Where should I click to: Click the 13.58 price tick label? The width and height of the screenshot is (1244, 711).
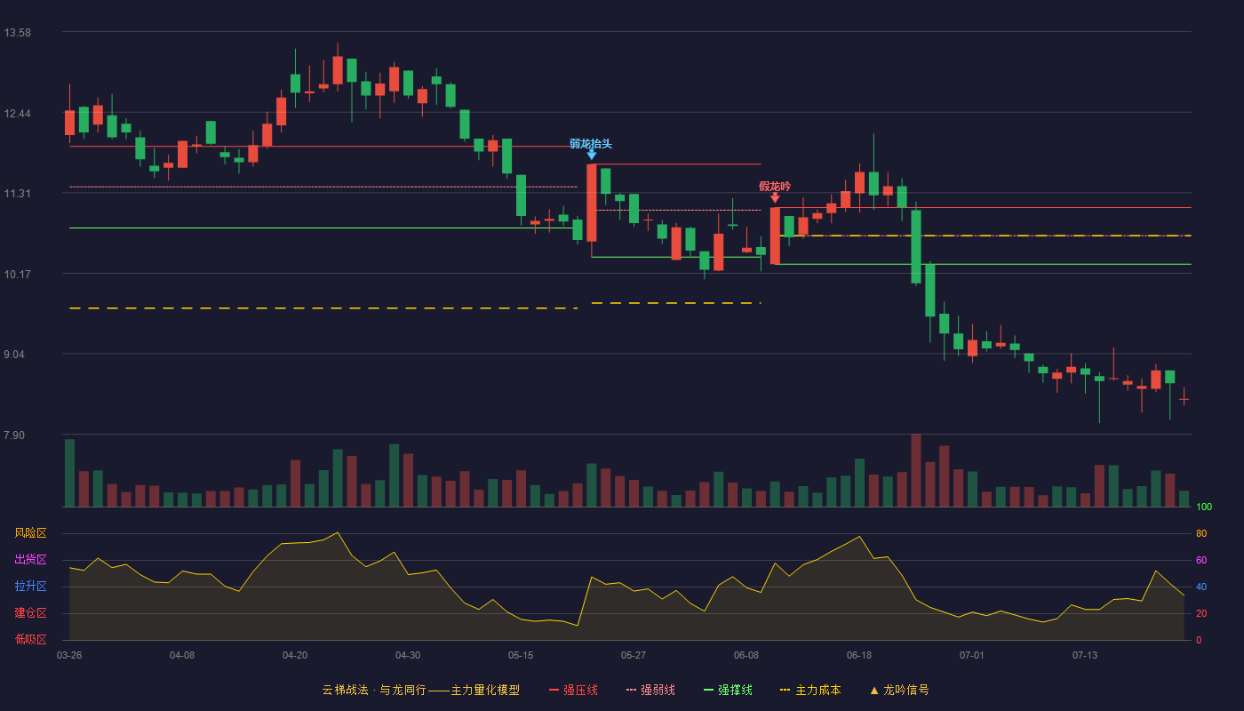click(17, 33)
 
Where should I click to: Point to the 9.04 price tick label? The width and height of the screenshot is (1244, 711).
click(14, 355)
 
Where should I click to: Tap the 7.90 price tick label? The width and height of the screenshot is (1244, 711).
click(14, 435)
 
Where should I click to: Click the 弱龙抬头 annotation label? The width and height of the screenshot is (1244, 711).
click(590, 144)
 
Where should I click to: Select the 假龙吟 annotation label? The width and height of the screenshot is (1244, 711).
click(775, 186)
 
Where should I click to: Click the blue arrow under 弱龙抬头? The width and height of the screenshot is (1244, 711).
click(592, 155)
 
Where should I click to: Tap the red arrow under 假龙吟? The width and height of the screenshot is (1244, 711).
click(775, 197)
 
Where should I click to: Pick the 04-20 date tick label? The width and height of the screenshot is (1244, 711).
click(295, 656)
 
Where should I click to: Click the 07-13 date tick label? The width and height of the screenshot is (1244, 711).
click(1085, 656)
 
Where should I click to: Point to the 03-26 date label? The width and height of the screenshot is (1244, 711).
click(69, 656)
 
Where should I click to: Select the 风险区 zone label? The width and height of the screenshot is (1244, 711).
click(30, 533)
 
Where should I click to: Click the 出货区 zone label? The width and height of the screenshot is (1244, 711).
click(30, 559)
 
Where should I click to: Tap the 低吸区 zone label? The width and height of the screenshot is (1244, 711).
click(30, 639)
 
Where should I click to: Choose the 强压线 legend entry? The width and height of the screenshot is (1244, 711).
click(573, 690)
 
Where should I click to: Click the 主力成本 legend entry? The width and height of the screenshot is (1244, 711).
click(810, 690)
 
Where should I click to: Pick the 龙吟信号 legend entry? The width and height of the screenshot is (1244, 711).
click(899, 690)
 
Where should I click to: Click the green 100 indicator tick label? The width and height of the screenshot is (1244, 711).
click(1204, 507)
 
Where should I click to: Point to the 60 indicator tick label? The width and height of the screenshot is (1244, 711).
click(1201, 560)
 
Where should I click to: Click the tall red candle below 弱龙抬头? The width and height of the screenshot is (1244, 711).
click(592, 203)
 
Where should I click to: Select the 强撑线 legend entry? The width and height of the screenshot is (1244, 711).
click(728, 690)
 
